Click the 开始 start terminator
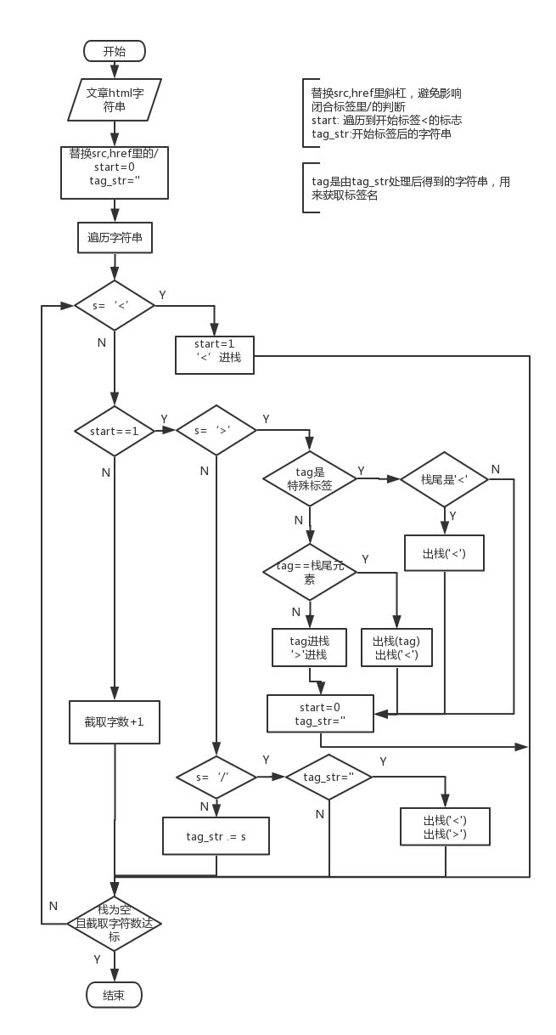(115, 51)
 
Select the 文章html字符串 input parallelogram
(115, 100)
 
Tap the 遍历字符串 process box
(115, 237)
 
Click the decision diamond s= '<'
(115, 305)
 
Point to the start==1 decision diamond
(115, 431)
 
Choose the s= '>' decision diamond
(216, 431)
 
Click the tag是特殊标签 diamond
(310, 478)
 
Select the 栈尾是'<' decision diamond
(444, 479)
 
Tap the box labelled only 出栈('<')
(444, 554)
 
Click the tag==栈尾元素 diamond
(310, 572)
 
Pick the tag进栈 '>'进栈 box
(310, 648)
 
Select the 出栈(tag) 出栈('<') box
(397, 648)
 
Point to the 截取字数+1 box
(115, 721)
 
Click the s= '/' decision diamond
(216, 777)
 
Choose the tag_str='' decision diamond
(328, 777)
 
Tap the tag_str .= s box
(216, 836)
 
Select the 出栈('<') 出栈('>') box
(445, 827)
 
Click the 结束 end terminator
(115, 995)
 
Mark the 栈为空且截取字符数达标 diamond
(115, 923)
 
